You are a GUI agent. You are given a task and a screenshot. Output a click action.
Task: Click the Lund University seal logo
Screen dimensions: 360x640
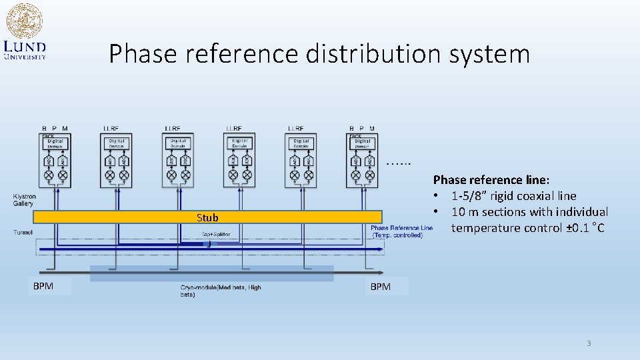tap(24, 21)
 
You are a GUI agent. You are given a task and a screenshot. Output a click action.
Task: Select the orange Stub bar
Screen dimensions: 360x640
tap(207, 217)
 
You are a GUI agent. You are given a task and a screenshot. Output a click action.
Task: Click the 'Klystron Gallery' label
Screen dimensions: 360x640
tap(25, 199)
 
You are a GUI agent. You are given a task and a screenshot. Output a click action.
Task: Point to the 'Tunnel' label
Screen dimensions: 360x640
tap(23, 232)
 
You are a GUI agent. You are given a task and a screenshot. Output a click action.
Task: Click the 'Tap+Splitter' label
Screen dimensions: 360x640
tap(217, 234)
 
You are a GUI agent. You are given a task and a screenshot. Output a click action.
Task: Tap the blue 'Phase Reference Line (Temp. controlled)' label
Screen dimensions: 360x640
tap(401, 231)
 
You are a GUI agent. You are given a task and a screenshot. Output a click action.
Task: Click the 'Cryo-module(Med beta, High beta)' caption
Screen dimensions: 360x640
tap(221, 291)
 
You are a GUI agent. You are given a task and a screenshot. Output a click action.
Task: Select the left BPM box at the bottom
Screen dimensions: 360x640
tap(49, 286)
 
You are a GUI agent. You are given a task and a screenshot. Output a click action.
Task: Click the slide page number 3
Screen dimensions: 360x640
tap(588, 343)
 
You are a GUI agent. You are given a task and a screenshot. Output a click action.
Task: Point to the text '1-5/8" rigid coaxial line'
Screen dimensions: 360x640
tap(513, 196)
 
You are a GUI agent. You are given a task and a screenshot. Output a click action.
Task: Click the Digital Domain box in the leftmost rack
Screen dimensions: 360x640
tap(55, 143)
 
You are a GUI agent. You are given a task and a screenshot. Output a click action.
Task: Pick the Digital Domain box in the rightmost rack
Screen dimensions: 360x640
tap(363, 143)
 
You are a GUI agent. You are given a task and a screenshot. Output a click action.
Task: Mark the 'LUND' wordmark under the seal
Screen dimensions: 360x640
tap(25, 47)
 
